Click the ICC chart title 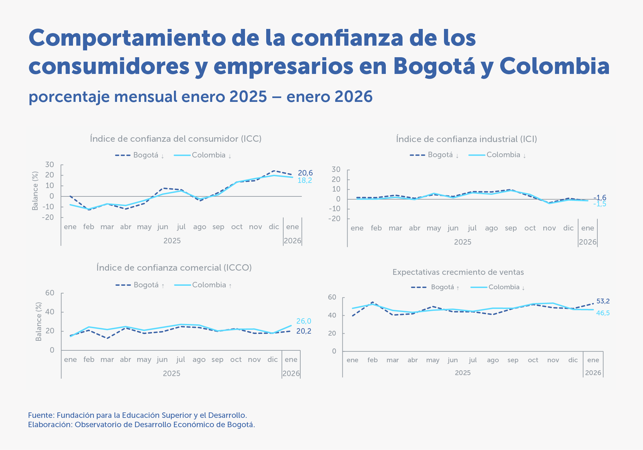tap(176, 139)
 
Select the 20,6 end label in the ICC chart tap(305, 173)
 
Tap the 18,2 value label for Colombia tap(304, 181)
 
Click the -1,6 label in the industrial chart tap(600, 198)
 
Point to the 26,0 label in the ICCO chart tap(303, 321)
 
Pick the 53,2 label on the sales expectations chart tap(603, 301)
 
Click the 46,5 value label tap(603, 313)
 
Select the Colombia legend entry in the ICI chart tap(503, 155)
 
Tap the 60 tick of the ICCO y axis tap(50, 293)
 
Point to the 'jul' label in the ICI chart tap(472, 228)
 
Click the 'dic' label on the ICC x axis tap(274, 227)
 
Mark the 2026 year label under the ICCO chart tap(291, 373)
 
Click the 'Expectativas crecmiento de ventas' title tap(458, 272)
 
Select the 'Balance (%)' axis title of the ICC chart tap(35, 191)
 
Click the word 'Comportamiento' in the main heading tap(127, 38)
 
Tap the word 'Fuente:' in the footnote tap(41, 415)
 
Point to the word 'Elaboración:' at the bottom tap(50, 425)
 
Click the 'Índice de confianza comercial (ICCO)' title tap(174, 268)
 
